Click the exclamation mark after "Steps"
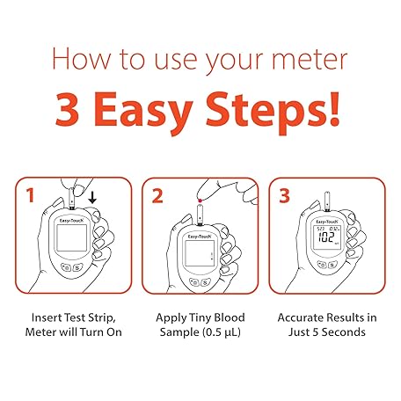(x=333, y=109)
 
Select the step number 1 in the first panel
(x=30, y=195)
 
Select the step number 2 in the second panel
(x=157, y=196)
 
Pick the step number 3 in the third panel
(x=284, y=195)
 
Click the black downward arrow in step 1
(x=92, y=198)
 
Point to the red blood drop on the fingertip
(x=200, y=200)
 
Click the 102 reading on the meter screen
(x=326, y=237)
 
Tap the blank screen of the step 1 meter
(x=72, y=238)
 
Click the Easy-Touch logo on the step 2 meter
(x=200, y=237)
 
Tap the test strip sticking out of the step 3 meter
(x=327, y=201)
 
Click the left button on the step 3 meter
(x=322, y=265)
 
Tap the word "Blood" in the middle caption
(x=230, y=317)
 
